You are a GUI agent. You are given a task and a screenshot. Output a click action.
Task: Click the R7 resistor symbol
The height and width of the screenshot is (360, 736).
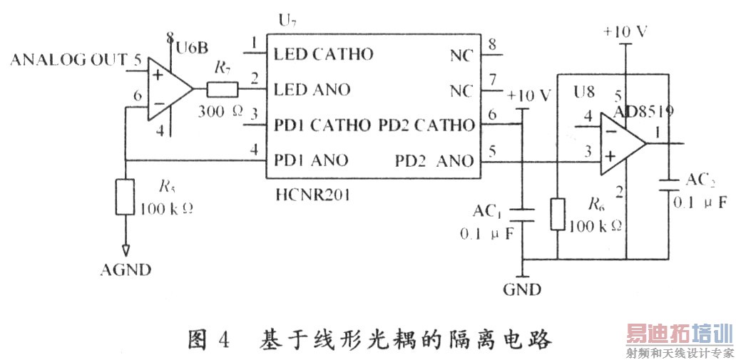tap(223, 90)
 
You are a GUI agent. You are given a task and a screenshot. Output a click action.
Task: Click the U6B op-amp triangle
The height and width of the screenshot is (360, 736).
tap(168, 91)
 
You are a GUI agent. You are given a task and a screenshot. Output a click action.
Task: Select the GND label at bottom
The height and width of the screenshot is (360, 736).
tap(522, 289)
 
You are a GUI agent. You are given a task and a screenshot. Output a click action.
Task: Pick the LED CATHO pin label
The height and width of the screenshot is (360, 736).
tap(323, 55)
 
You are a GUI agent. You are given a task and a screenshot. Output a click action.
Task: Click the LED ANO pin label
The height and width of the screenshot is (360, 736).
tap(312, 90)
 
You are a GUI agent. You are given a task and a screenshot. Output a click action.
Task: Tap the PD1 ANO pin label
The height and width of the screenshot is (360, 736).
tap(311, 160)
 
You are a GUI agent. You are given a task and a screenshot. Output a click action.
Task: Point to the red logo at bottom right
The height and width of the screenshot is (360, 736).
tap(678, 334)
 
